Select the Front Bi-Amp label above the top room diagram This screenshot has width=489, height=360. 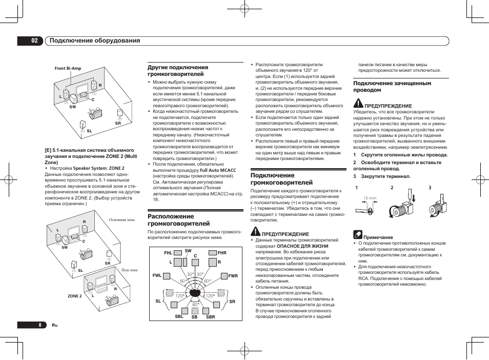tap(68, 68)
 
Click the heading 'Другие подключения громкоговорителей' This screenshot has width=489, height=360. tap(178, 71)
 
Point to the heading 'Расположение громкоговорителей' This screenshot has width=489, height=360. tap(178, 220)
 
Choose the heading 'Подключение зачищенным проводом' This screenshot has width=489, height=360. tap(392, 86)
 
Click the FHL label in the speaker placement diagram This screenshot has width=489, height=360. tap(168, 253)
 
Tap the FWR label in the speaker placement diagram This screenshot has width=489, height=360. tap(233, 276)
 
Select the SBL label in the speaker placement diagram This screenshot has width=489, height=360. tap(179, 316)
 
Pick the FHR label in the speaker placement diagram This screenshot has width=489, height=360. tap(221, 253)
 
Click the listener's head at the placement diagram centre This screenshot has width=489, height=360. tap(195, 294)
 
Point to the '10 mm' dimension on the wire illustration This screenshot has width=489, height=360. tap(370, 198)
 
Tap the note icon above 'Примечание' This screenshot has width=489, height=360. tap(358, 235)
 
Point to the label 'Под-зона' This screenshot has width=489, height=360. tap(129, 270)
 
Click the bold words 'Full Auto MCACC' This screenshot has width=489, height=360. tap(218, 170)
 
